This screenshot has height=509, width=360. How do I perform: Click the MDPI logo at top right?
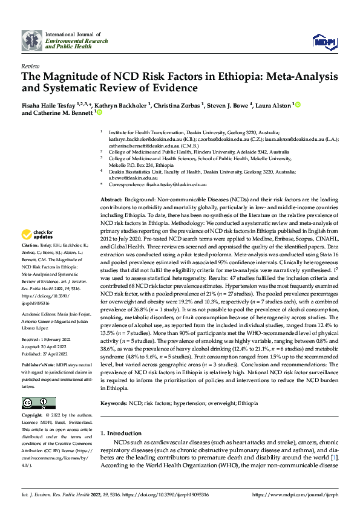(324, 40)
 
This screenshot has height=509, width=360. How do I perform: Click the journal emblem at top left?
(31, 40)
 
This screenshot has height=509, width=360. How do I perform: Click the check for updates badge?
(37, 234)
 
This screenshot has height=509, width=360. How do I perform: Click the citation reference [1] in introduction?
(333, 458)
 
